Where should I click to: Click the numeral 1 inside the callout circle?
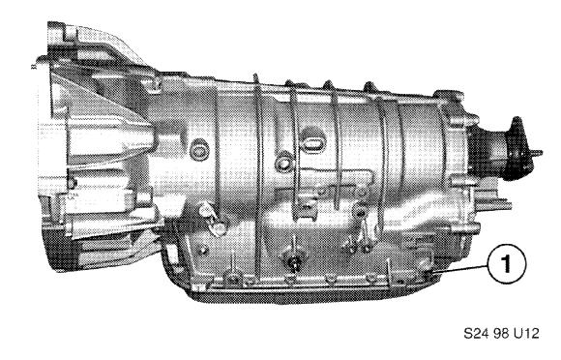pos(506,264)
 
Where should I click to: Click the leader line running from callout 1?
pos(460,270)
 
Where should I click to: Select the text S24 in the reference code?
pos(477,334)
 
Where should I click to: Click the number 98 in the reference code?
pos(501,334)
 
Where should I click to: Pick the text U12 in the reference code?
pos(526,334)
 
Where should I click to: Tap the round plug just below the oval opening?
pos(284,164)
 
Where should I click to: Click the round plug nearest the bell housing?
pos(199,150)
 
